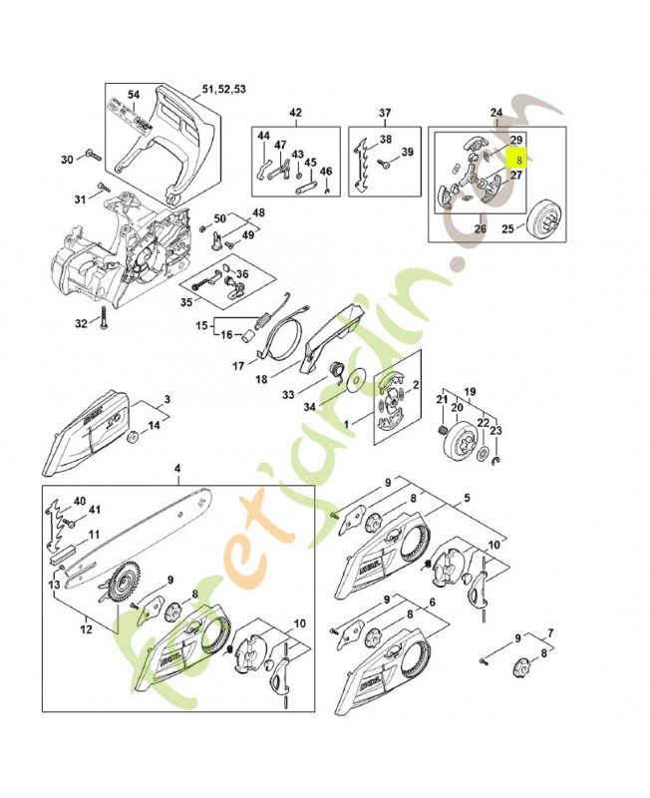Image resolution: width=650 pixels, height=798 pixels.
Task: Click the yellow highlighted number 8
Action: click(x=519, y=158)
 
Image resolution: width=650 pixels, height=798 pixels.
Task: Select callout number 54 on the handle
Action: click(x=134, y=95)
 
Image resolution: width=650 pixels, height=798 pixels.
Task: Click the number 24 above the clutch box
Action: click(x=496, y=112)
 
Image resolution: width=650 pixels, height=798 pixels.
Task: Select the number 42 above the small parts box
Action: click(x=295, y=112)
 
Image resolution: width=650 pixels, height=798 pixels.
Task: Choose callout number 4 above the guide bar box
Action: click(x=177, y=468)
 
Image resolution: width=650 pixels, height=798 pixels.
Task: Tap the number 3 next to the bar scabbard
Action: click(x=166, y=399)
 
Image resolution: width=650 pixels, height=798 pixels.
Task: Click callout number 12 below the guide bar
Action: click(x=86, y=629)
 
